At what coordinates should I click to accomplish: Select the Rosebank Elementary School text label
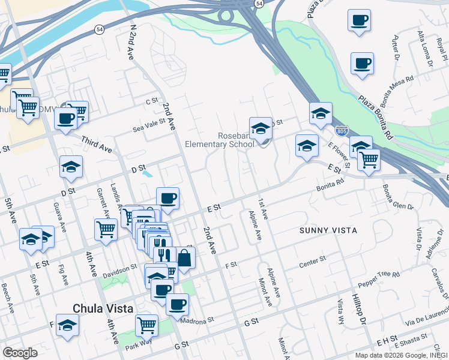pos(219,140)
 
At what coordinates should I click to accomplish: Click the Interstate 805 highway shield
pos(340,130)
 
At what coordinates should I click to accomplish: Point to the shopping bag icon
pos(185,259)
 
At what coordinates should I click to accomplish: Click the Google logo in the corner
pos(20,353)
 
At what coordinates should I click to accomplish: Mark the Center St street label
pos(312,259)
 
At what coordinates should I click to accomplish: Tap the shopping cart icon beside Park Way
pos(146,325)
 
